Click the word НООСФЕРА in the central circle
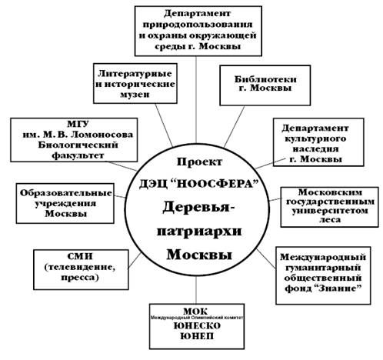coord(217,185)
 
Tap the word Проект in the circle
coord(199,162)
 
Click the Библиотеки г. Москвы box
coord(265,85)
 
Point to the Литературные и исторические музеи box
coord(135,84)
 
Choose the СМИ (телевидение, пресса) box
coord(81,270)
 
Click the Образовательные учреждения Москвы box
coord(65,203)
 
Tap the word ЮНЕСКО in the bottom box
coord(197,326)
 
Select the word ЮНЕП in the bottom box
coord(197,336)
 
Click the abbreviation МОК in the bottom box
coord(195,312)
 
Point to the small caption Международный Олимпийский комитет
coord(196,318)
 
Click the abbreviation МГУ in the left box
coord(78,124)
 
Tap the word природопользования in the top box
coord(198,25)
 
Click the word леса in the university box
coord(329,220)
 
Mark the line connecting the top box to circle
coord(196,99)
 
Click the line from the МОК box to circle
coord(196,290)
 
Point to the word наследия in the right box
coord(315,149)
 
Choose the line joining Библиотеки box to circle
coord(234,127)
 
